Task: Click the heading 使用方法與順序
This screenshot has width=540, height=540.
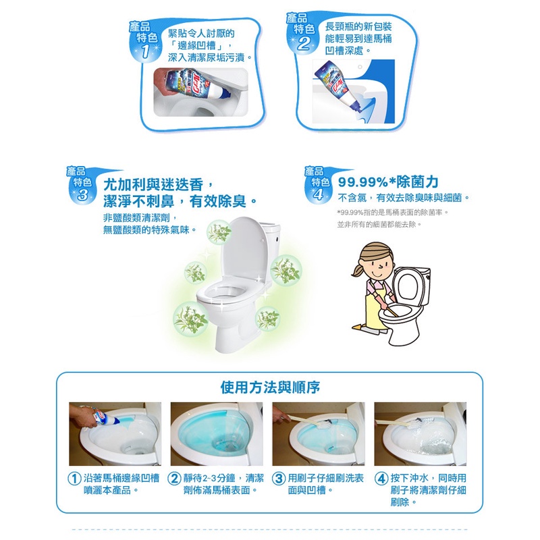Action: [x=270, y=387]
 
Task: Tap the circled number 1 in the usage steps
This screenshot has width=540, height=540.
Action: [x=74, y=479]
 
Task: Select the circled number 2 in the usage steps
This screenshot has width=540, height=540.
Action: [x=174, y=479]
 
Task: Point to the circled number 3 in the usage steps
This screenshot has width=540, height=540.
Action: [x=279, y=479]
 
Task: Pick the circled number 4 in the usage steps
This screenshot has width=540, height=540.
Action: [x=381, y=479]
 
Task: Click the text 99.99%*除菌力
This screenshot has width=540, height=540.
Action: [x=388, y=182]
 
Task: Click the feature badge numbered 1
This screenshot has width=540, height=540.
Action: [x=144, y=40]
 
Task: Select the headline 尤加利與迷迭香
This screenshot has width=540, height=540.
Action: [x=154, y=185]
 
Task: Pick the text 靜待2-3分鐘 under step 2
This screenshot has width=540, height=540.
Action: [x=209, y=478]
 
